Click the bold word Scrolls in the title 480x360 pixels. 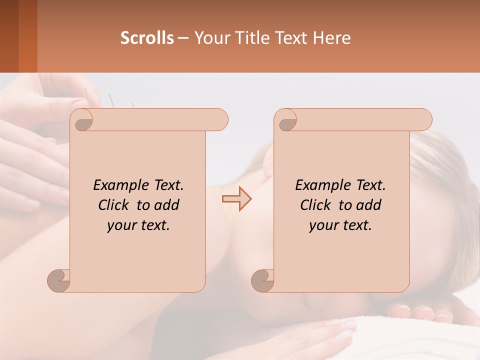(147, 38)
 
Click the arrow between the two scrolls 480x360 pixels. (236, 198)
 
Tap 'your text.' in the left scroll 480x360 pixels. (138, 225)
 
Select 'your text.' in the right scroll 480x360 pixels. (340, 225)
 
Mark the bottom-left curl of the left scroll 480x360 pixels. (59, 280)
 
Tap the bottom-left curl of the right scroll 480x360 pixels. (263, 280)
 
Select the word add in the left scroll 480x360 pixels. (167, 205)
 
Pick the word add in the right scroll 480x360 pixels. (369, 205)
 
